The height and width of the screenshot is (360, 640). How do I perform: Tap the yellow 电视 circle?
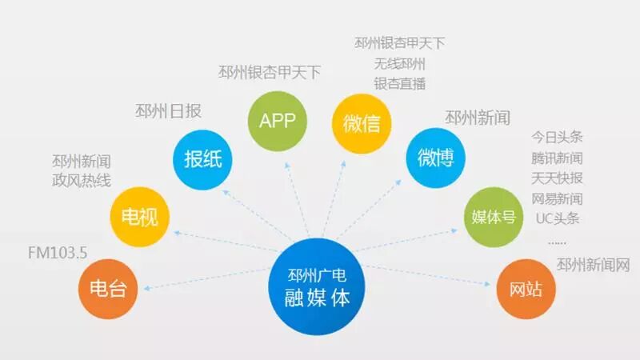coord(139,217)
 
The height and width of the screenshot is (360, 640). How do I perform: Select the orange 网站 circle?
coord(525,287)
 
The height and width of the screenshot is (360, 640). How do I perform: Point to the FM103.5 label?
coord(57,254)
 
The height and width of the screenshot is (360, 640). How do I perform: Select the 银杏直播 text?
coord(399,83)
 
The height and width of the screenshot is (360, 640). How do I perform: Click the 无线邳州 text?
coord(399,64)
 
